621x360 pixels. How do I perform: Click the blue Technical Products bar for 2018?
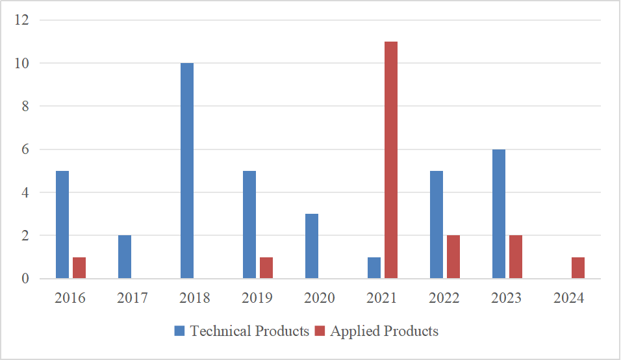[187, 171]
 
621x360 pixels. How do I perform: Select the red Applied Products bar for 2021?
[391, 160]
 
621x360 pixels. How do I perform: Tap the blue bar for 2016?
[62, 225]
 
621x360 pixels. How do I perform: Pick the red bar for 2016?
[79, 268]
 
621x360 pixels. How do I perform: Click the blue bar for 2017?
[125, 257]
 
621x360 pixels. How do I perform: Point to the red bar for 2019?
[266, 268]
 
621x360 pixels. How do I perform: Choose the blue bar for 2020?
[312, 246]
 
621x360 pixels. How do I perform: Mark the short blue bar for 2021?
[374, 268]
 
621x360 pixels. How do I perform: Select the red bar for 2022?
[453, 257]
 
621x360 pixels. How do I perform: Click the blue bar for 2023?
[499, 214]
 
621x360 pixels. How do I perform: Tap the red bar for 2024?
[578, 268]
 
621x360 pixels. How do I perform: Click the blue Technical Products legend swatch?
[179, 331]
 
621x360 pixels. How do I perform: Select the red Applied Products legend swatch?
[320, 331]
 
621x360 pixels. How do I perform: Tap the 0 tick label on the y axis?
[25, 279]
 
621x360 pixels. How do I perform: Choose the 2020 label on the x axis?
[320, 298]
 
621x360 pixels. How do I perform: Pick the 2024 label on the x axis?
[569, 298]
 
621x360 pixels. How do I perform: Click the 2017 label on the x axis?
[133, 298]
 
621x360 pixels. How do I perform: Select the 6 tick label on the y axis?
[25, 149]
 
